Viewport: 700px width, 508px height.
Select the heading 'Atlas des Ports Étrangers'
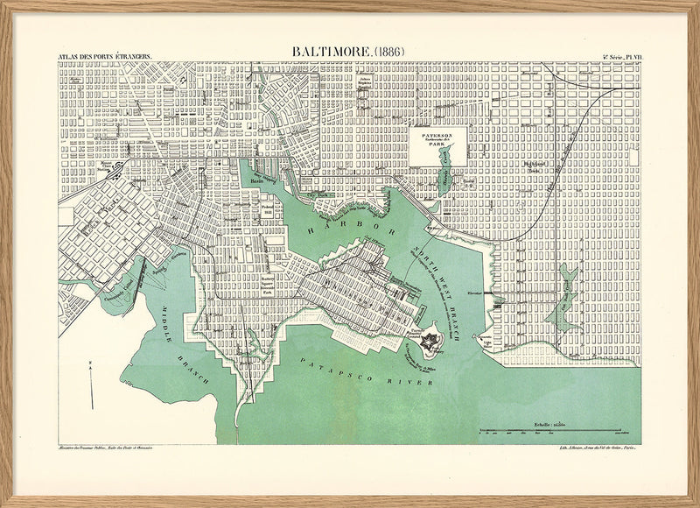tap(104, 57)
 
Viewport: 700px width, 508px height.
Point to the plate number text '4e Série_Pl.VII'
tap(622, 57)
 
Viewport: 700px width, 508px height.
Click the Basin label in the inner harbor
tap(257, 181)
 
